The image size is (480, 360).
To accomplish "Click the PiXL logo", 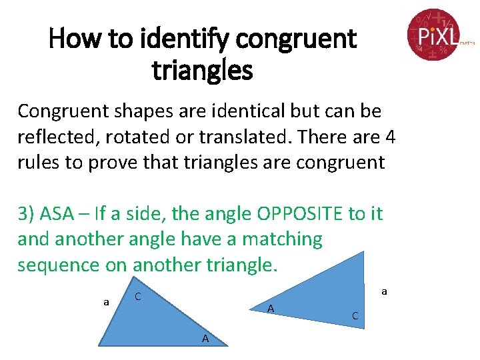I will (x=434, y=34).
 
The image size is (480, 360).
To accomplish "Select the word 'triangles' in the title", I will (x=203, y=69).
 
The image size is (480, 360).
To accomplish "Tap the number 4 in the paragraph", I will (x=391, y=137).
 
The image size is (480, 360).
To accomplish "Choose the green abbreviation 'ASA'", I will (x=57, y=213).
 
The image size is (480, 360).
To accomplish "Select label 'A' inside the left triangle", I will (x=205, y=339).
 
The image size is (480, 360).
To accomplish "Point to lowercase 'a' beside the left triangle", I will (x=106, y=302).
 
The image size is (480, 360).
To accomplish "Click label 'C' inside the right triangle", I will (x=355, y=315).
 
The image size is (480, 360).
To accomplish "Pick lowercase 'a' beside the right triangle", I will (x=384, y=291).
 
